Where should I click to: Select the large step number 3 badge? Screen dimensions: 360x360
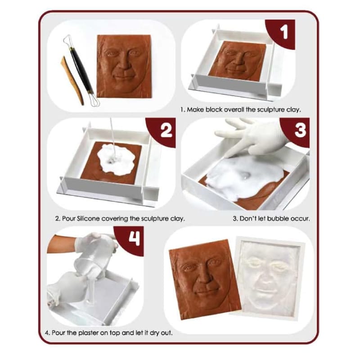[x=296, y=131]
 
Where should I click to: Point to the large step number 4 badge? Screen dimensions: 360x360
[x=130, y=240]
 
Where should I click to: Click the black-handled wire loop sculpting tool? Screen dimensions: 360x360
[x=81, y=70]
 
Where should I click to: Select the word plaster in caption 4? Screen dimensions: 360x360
[x=88, y=333]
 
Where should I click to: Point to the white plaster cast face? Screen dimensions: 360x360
[x=269, y=278]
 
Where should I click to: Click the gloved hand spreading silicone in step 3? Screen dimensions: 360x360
[x=250, y=138]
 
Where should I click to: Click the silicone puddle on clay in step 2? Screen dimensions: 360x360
[x=115, y=158]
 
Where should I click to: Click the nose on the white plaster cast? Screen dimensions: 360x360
[x=266, y=278]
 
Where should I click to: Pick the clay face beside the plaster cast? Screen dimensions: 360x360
[x=204, y=279]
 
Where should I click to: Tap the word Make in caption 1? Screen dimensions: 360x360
[x=195, y=109]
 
